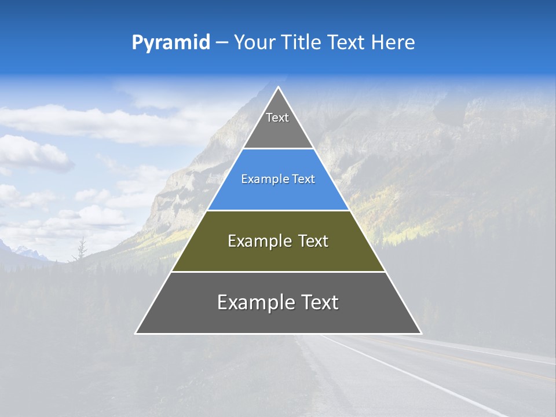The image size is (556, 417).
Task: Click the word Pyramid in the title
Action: click(170, 43)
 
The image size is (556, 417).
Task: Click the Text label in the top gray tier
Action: click(277, 118)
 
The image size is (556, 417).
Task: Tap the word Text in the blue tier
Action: click(303, 180)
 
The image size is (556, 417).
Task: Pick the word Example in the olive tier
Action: click(258, 241)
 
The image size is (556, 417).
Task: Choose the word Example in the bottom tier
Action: click(255, 302)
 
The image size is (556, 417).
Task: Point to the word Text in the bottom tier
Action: click(319, 302)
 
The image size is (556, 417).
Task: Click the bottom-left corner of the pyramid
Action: click(136, 333)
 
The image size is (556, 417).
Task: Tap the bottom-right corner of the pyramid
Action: click(421, 333)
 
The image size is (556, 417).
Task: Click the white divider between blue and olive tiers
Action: click(278, 210)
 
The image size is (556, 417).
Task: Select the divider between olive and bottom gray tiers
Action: click(278, 272)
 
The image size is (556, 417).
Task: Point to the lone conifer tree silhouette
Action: click(82, 249)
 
